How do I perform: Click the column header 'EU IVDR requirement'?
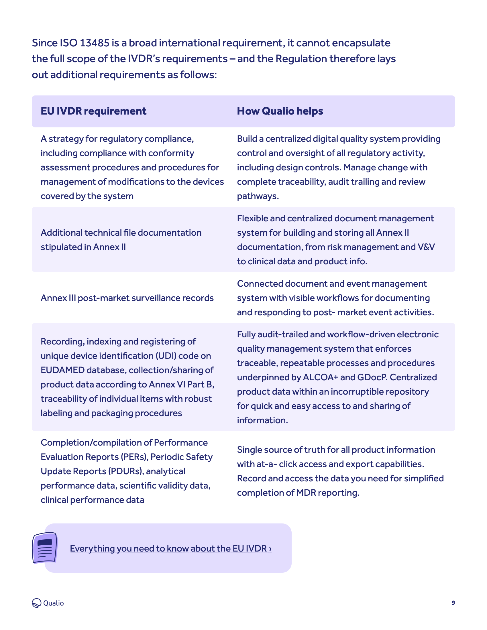tap(93, 111)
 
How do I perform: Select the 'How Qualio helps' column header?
tap(280, 111)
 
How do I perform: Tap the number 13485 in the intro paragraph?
tap(94, 43)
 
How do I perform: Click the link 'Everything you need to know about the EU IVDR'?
tap(170, 548)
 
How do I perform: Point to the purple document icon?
tap(45, 548)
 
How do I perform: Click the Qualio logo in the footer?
tap(48, 603)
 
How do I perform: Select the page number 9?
tap(453, 603)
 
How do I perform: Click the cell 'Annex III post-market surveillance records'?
tap(127, 298)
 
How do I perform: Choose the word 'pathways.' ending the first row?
tap(258, 196)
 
